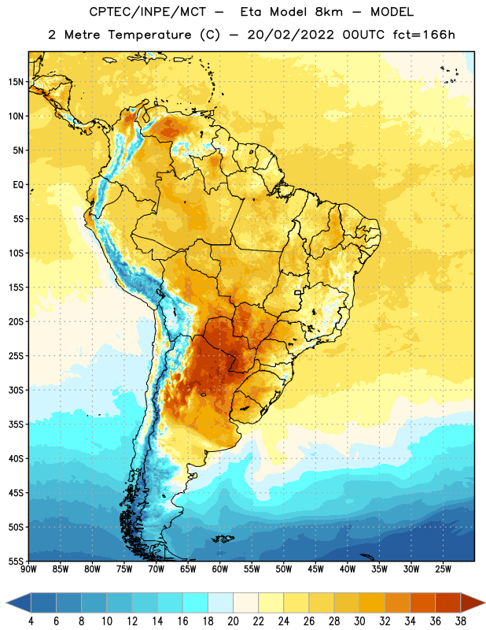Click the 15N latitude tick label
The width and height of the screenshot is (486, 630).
coord(16,82)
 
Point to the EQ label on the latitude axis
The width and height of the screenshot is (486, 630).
coord(18,185)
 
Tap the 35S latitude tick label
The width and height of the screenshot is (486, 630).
coord(16,424)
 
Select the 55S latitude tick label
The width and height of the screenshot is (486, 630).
coord(16,561)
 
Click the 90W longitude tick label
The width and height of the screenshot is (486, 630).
coord(28,569)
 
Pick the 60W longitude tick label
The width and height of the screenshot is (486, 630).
coord(220,569)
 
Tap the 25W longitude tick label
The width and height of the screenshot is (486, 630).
coord(443,569)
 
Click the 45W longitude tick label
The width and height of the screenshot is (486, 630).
coord(315,569)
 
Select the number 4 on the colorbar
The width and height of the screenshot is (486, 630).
coord(31,621)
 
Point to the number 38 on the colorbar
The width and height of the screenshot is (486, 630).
coord(461,621)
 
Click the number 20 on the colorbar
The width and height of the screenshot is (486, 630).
coord(233,621)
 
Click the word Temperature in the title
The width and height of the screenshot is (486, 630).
coord(149,35)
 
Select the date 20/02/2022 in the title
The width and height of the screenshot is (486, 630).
coord(290,35)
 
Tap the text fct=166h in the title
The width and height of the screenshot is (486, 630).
coord(424,35)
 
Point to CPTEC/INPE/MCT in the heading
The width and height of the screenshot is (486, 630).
coord(147,13)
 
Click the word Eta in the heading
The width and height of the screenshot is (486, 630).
coord(251,12)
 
